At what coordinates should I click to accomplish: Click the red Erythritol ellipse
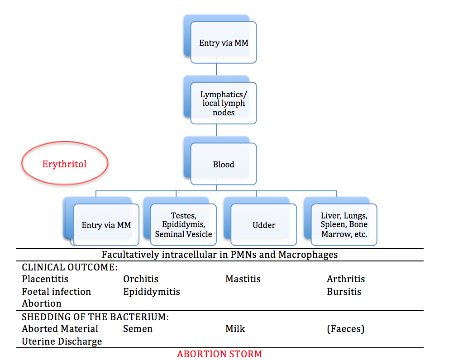pos(65,163)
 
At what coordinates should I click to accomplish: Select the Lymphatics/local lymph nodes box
pos(223,103)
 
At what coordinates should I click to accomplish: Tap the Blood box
pos(224,164)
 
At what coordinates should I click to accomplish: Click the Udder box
pos(263,225)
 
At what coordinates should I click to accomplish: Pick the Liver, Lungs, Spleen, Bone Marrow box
pos(344,225)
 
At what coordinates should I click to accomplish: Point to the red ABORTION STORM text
pos(219,354)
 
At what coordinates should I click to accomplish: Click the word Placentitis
pos(45,279)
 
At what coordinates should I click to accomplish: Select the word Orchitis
pos(141,279)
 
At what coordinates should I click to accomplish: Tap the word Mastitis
pos(243,279)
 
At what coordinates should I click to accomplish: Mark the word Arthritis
pos(346,279)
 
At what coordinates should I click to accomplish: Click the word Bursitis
pos(344,292)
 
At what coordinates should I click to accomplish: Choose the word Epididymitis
pos(152,292)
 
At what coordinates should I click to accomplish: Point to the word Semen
pos(138,329)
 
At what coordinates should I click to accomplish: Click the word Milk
pos(235,329)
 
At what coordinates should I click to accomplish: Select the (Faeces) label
pos(345,329)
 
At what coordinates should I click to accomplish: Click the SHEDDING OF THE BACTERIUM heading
pos(95,317)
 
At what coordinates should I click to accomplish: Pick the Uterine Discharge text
pos(62,341)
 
